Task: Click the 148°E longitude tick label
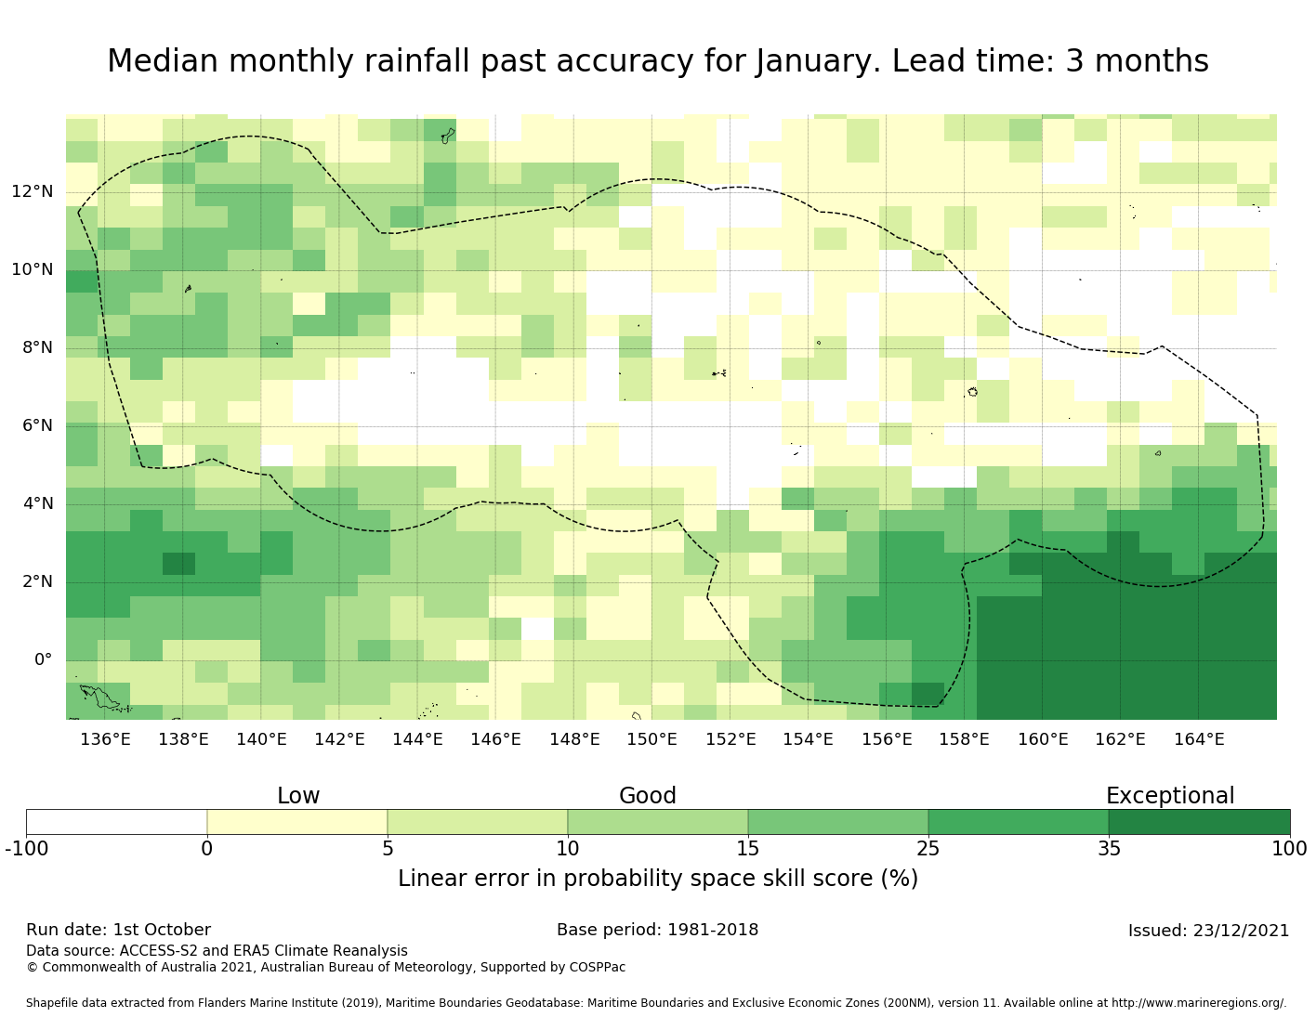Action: pos(573,739)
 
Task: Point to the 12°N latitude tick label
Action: pos(33,192)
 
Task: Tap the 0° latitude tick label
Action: pos(43,660)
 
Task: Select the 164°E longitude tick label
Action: pos(1199,739)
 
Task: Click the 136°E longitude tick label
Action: pos(105,739)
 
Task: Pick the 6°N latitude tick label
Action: pos(33,426)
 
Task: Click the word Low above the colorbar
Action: pos(298,796)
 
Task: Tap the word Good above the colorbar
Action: pos(648,796)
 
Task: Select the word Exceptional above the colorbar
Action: pos(1170,796)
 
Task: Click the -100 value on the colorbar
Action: pos(26,848)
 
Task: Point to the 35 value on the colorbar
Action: pos(1109,848)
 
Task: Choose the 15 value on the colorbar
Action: pos(748,848)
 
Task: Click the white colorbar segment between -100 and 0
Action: pos(116,822)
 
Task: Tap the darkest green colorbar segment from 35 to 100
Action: pos(1199,822)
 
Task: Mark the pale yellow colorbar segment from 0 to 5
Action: pos(297,822)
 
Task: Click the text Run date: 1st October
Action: pos(118,930)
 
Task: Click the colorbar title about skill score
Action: pos(658,879)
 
